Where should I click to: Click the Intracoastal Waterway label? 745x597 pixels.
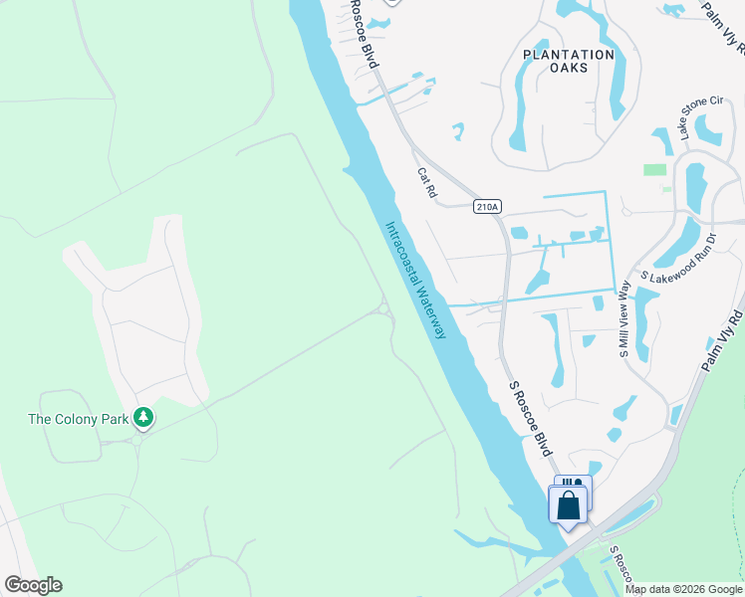click(415, 280)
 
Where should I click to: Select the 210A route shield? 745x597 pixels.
click(486, 207)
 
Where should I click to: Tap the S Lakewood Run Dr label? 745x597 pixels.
click(680, 260)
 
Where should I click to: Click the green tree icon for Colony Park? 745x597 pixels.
click(144, 419)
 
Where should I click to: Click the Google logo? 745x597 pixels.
click(33, 585)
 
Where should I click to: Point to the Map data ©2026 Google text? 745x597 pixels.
click(682, 589)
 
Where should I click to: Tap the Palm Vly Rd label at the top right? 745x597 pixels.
click(723, 24)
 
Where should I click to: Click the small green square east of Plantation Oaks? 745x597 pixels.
click(654, 169)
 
